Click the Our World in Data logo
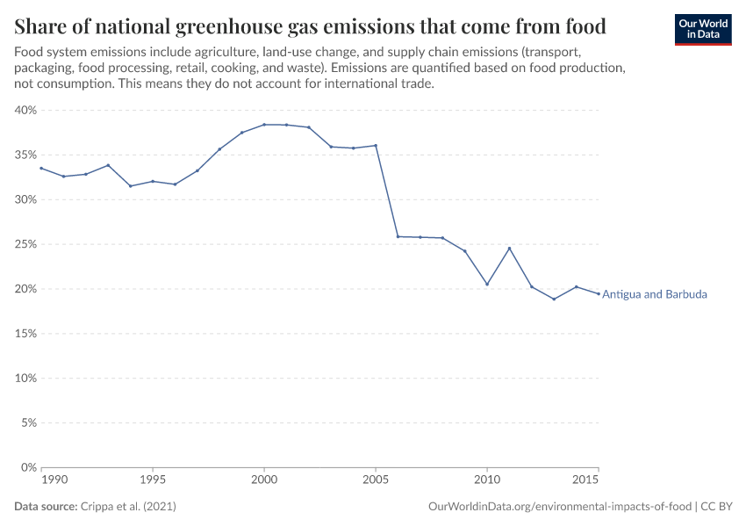tap(702, 29)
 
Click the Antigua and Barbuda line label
tap(654, 294)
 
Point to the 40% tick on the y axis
tap(25, 111)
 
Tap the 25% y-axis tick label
tap(25, 244)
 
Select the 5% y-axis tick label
tap(27, 423)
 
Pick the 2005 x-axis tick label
tap(376, 481)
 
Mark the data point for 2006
tap(398, 236)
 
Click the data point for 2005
tap(376, 146)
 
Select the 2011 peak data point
tap(509, 249)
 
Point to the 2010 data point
tap(487, 284)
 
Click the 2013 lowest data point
tap(554, 299)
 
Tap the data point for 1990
tap(41, 168)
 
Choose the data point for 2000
tap(264, 125)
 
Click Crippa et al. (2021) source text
tap(128, 507)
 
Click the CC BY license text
tap(717, 507)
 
